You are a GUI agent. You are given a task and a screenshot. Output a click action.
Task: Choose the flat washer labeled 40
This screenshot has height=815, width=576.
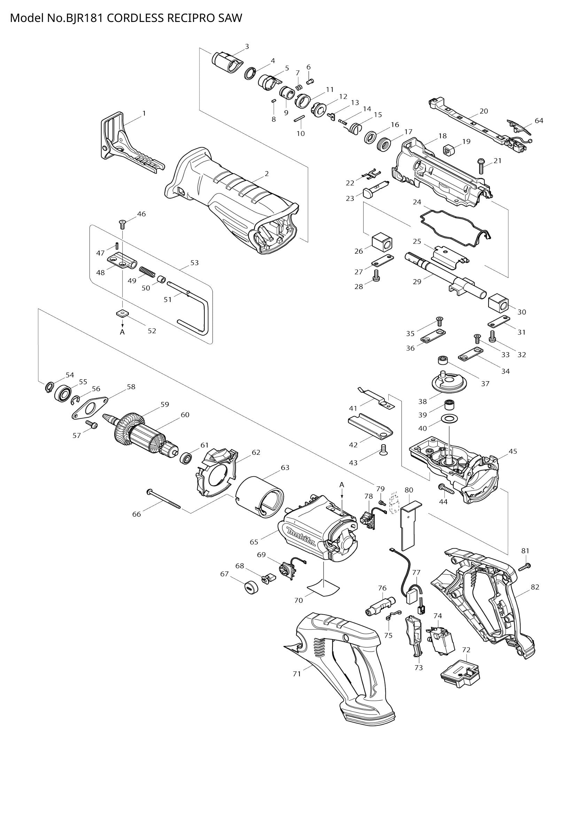point(449,420)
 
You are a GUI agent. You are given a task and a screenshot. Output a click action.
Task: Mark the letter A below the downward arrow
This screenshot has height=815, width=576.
point(122,332)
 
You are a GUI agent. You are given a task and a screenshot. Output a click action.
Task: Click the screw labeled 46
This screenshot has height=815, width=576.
point(122,224)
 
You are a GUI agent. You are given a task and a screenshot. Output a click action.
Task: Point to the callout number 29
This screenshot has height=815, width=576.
point(417,282)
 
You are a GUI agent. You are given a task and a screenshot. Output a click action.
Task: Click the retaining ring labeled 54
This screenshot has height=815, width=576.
point(49,387)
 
